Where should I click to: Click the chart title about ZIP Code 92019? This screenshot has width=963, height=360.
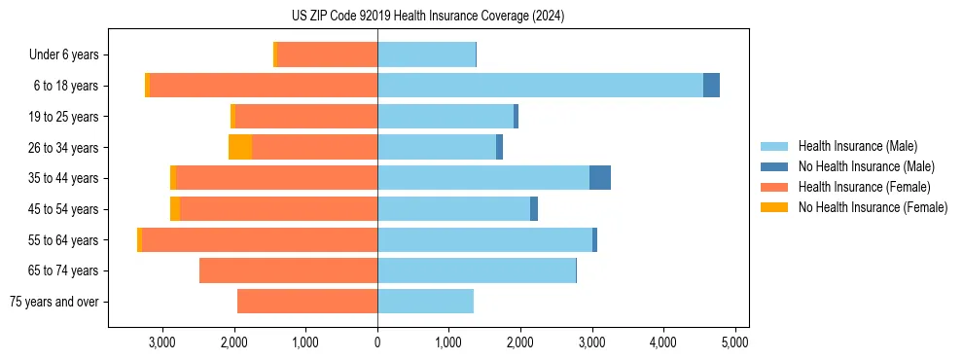coord(427,17)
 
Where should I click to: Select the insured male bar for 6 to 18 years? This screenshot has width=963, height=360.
coord(540,86)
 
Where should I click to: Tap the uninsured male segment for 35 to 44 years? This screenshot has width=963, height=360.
coord(600,178)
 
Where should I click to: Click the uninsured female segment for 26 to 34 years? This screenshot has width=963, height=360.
coord(240,147)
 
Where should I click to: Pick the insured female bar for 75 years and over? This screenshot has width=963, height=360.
coord(307,302)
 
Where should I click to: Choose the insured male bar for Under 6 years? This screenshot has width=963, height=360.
coord(426,54)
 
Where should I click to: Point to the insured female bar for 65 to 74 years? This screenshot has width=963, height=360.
coord(288,270)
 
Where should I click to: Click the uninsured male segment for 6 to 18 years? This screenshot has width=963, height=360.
coord(711,86)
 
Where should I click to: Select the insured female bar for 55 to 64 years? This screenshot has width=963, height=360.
coord(260,239)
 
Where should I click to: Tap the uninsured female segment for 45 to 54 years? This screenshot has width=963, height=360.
coord(175,209)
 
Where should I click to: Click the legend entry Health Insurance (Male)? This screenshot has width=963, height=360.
coord(852,147)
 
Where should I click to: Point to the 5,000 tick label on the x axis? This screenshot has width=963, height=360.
coord(734,342)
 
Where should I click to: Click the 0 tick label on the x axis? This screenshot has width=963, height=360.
coord(377,342)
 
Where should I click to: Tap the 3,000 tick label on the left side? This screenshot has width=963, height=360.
coord(162,342)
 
